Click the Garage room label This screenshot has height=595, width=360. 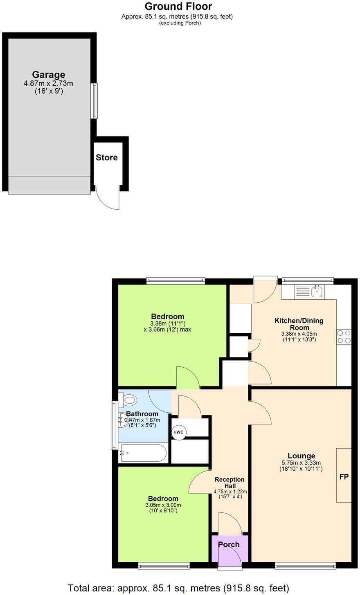point(49,75)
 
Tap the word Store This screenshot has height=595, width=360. point(106,157)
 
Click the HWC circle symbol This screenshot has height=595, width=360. point(178,432)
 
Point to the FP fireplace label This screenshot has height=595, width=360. point(344,477)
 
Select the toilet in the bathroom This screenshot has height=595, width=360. point(128,400)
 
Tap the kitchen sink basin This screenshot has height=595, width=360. point(317,292)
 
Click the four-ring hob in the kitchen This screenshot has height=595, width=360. point(344,337)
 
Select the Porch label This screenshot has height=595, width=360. point(229,544)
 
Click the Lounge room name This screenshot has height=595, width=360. point(301,456)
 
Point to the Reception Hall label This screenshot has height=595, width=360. point(229,483)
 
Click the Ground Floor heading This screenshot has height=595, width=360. point(178,7)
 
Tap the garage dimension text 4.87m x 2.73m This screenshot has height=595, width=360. point(48,83)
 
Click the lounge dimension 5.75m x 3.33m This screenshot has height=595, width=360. point(301,463)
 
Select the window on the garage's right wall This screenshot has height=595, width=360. point(94,101)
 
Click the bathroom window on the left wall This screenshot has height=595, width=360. point(114,425)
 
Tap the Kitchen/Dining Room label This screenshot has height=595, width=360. point(299,324)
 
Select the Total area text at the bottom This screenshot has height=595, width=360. point(178,588)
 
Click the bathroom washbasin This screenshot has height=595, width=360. point(123,420)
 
